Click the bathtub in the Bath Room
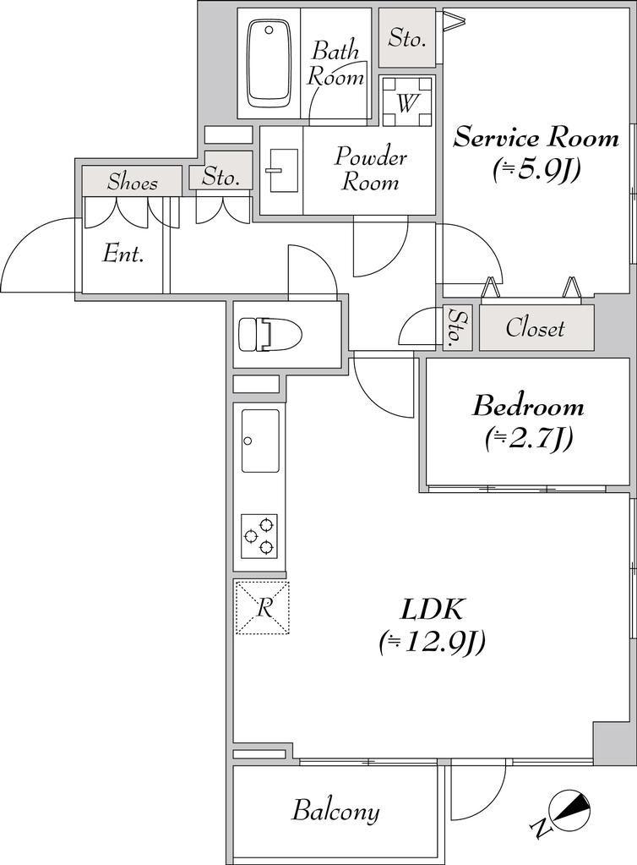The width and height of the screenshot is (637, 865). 269,63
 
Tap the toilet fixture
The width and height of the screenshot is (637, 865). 270,334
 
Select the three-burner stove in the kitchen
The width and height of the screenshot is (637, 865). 259,535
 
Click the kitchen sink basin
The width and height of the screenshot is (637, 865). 260,441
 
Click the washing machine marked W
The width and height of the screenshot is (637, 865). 408,102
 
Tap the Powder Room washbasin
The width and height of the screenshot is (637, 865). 281,171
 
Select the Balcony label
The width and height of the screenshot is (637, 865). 335,812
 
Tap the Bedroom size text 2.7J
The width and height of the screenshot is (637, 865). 529,439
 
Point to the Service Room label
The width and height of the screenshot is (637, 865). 536,137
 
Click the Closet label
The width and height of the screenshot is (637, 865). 535,328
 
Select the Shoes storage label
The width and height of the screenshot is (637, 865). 133,182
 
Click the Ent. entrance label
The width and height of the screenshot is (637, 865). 123,255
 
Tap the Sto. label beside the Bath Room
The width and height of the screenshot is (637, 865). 407,38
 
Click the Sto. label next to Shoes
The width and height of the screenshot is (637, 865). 220,177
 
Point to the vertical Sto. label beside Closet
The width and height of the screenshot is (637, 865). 458,328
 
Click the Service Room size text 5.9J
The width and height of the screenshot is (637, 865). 536,171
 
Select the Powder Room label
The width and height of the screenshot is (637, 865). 371,169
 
